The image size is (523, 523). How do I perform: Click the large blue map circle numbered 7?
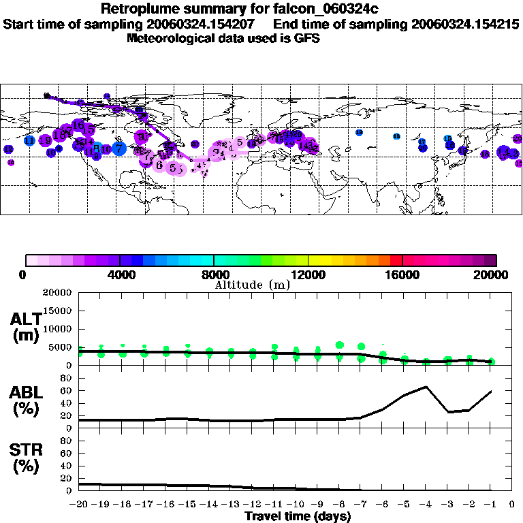[x=118, y=147]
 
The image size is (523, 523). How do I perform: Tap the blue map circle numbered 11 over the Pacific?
[x=30, y=140]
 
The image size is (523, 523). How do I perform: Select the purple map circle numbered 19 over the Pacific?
[x=8, y=149]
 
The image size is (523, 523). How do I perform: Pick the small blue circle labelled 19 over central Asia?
[x=359, y=132]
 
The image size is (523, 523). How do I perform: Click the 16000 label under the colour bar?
[x=402, y=275]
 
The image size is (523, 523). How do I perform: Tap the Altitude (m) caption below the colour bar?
[x=252, y=285]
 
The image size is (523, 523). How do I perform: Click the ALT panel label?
[x=25, y=327]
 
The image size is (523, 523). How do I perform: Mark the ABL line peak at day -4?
[x=426, y=387]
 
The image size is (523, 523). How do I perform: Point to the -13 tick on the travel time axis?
[x=231, y=505]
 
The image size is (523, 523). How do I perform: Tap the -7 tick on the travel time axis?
[x=361, y=505]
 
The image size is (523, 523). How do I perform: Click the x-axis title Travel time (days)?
[x=298, y=516]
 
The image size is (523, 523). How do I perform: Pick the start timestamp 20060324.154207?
[x=209, y=25]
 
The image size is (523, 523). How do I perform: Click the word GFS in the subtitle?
[x=306, y=38]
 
